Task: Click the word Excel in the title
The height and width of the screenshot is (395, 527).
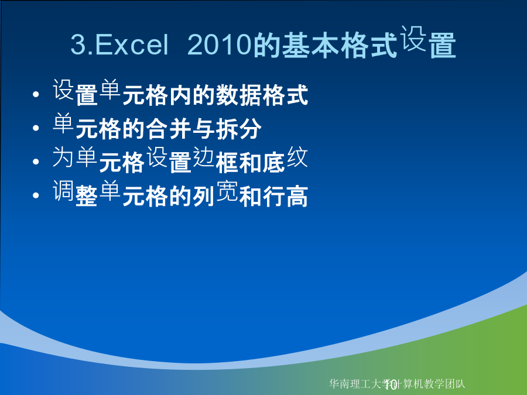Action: [x=132, y=44]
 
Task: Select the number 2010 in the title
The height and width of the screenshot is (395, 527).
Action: [x=219, y=44]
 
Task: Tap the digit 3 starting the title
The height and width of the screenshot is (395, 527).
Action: [x=78, y=44]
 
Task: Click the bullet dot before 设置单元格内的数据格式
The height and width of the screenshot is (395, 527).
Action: [x=36, y=94]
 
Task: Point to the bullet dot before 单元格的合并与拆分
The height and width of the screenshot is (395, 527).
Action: [x=36, y=128]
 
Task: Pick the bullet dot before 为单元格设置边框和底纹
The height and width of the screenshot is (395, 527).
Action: [x=36, y=162]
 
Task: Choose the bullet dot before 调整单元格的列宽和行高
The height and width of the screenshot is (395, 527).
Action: [x=36, y=195]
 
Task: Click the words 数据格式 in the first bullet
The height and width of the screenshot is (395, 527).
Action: [x=262, y=95]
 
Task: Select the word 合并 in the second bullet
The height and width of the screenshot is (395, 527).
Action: [x=169, y=129]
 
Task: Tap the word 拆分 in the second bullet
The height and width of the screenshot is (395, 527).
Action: [x=238, y=129]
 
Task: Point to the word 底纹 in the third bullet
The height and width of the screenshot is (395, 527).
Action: [x=285, y=160]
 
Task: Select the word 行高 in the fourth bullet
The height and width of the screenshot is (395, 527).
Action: [x=285, y=196]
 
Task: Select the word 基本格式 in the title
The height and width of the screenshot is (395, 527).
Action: [x=326, y=45]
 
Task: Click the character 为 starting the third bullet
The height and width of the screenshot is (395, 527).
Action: [x=63, y=157]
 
